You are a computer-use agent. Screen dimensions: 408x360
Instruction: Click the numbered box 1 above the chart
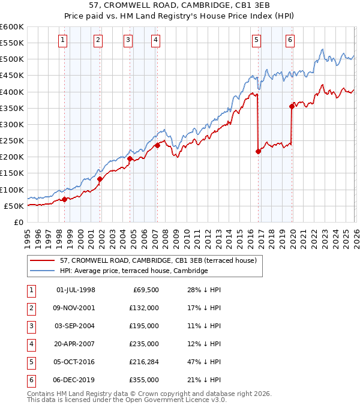pos(63,40)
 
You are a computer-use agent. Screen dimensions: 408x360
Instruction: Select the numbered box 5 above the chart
pos(256,40)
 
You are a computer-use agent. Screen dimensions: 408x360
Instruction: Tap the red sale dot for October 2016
pos(258,152)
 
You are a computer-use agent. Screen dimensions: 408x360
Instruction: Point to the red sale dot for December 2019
pos(292,107)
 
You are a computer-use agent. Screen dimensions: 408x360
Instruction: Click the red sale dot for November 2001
pos(100,179)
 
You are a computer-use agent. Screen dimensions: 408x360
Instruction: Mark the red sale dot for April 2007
pos(157,145)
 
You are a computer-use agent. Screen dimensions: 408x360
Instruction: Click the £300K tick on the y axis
pos(12,124)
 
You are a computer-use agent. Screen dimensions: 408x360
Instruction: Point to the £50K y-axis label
pos(14,206)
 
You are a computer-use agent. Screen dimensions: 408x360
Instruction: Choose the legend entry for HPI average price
pos(133,271)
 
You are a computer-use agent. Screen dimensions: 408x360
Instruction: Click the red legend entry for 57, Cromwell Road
pos(158,260)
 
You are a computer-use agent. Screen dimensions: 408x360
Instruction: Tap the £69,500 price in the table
pos(145,290)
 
